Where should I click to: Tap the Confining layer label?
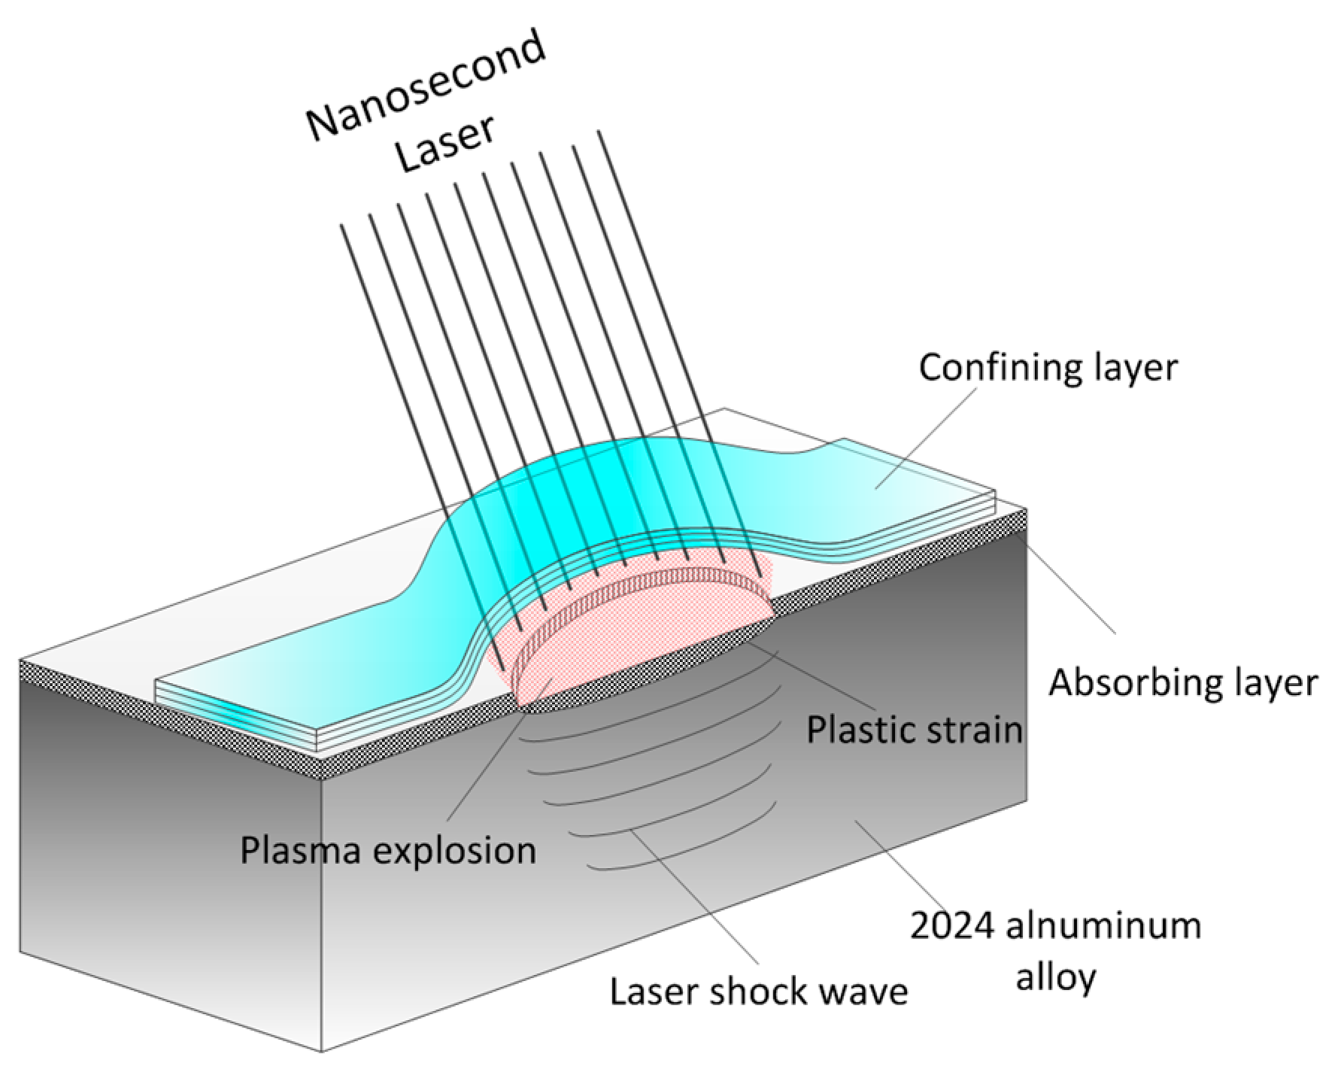1048,368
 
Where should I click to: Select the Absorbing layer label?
1183,683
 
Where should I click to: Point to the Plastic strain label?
914,730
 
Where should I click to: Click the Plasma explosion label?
388,850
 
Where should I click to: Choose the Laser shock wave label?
758,991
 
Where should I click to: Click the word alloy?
1055,977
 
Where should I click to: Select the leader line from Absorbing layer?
1068,579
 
